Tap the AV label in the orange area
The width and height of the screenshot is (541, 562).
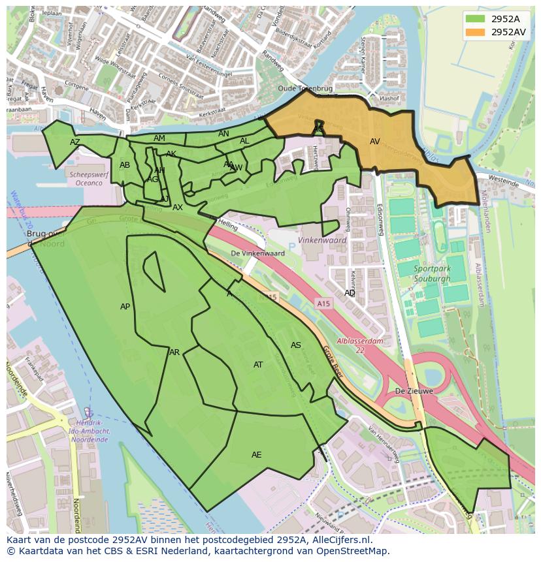pos(374,142)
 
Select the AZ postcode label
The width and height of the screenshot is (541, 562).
pos(75,142)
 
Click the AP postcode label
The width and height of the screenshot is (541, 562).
pos(125,307)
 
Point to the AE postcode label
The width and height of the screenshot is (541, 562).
pos(256,455)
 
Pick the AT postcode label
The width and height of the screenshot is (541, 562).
pos(258,365)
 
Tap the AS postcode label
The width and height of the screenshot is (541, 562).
pos(295,345)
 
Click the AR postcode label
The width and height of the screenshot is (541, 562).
pos(174,352)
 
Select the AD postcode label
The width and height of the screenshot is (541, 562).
pos(350,293)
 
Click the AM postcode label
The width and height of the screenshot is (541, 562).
pos(159,138)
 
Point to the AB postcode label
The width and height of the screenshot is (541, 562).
pos(125,165)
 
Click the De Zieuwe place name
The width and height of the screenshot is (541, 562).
pos(414,392)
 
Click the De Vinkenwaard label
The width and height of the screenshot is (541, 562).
pos(257,253)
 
